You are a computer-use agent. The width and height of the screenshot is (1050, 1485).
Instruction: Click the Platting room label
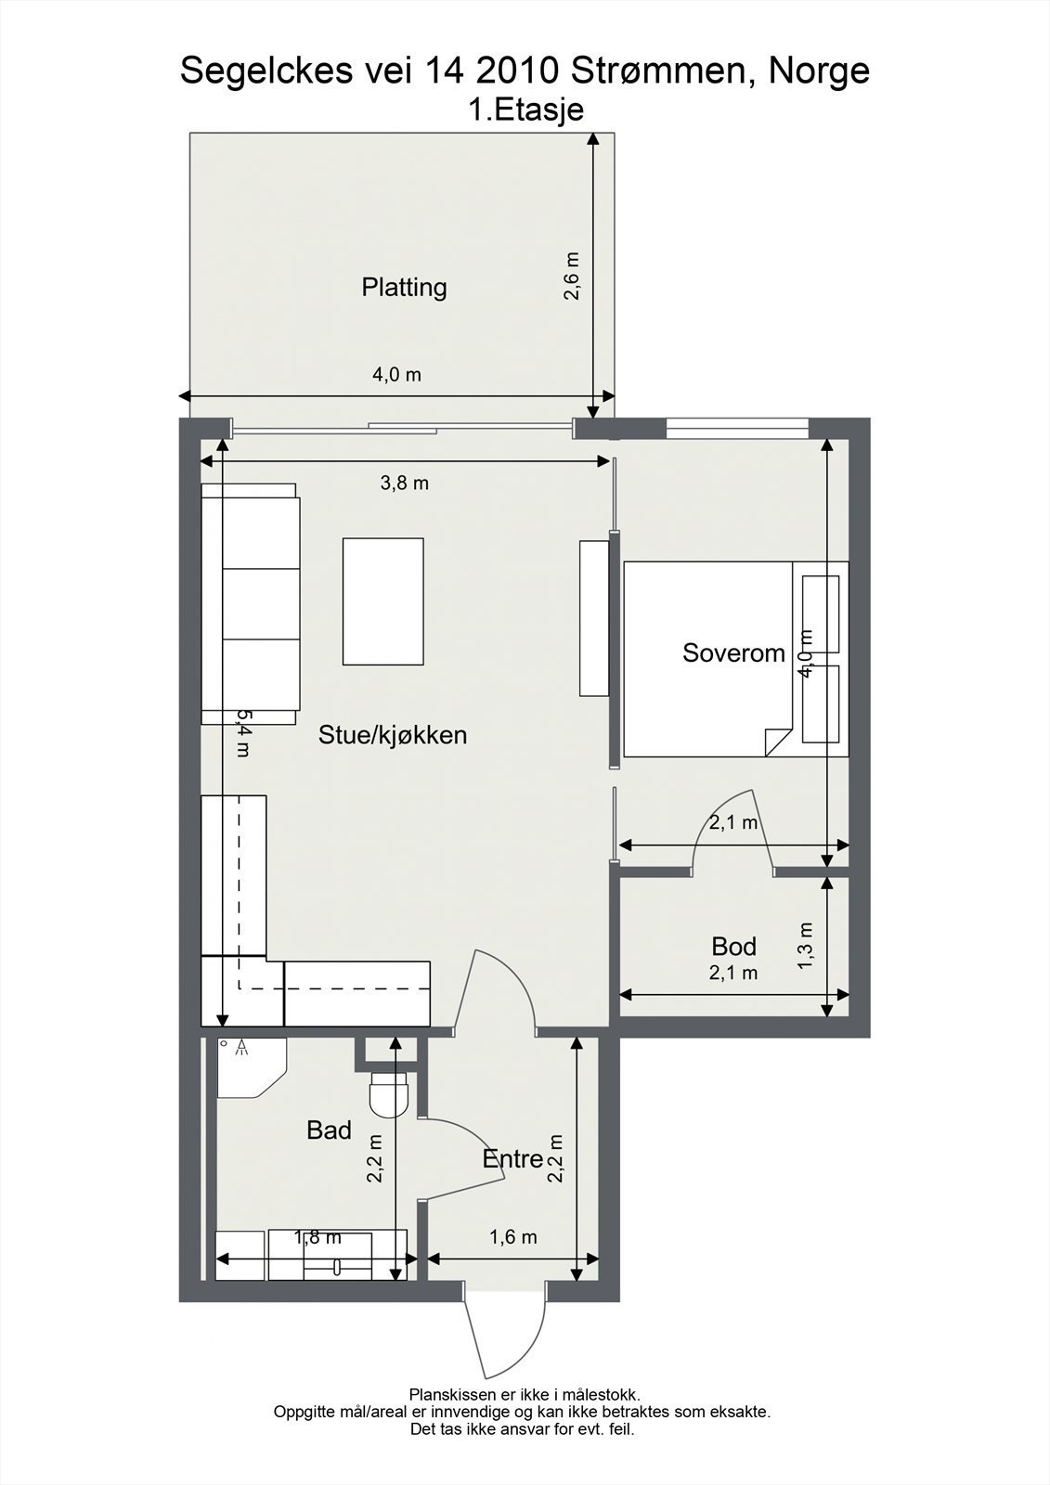pyautogui.click(x=404, y=287)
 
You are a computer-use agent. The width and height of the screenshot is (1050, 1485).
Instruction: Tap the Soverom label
pyautogui.click(x=733, y=652)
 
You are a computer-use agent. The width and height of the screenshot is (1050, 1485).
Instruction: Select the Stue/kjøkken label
pyautogui.click(x=392, y=735)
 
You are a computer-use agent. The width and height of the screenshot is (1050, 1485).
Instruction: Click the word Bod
pyautogui.click(x=733, y=947)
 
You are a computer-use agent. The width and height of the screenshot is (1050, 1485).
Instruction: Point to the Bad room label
pyautogui.click(x=329, y=1130)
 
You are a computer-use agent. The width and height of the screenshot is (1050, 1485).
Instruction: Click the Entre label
pyautogui.click(x=512, y=1158)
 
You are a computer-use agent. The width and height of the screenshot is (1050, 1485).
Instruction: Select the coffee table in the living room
pyautogui.click(x=382, y=601)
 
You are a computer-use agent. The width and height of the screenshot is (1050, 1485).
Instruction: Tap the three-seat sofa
pyautogui.click(x=251, y=603)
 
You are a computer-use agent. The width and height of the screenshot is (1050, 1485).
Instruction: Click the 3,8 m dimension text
pyautogui.click(x=405, y=484)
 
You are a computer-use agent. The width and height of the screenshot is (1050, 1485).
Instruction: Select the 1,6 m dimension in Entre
pyautogui.click(x=513, y=1237)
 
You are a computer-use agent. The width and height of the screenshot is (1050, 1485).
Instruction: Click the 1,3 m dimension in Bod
pyautogui.click(x=806, y=945)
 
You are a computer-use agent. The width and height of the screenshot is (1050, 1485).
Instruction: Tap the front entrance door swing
pyautogui.click(x=501, y=1336)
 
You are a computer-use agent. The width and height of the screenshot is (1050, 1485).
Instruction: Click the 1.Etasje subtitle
pyautogui.click(x=525, y=110)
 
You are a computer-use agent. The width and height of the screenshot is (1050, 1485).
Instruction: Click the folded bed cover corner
pyautogui.click(x=776, y=740)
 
